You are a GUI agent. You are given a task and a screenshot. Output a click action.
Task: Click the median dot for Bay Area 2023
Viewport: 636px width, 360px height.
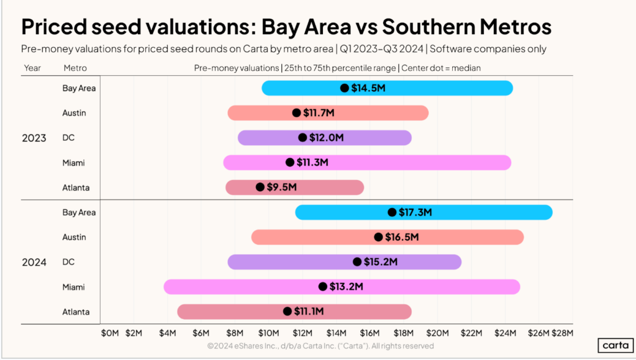coord(345,88)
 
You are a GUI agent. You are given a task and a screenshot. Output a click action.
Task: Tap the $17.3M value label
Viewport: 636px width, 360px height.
coord(415,212)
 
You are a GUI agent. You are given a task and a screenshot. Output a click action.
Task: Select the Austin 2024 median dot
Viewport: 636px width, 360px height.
coord(378,237)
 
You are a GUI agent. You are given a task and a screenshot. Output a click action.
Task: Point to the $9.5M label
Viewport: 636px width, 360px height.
coord(281,187)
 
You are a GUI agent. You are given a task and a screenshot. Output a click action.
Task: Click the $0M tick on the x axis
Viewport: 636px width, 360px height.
coord(109,333)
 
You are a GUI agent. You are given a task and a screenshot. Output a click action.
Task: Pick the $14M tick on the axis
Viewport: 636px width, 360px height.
coord(337,333)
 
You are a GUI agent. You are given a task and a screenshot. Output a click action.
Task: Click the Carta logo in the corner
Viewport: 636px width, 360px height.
coord(613,346)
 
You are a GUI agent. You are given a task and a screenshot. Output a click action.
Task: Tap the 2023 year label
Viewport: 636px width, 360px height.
coord(34,138)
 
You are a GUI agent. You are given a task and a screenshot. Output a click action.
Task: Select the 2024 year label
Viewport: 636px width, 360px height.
coord(34,262)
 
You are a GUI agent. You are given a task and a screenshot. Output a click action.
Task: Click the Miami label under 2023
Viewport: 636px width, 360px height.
coord(74,163)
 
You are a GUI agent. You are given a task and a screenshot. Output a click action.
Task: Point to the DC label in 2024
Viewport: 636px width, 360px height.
coord(68,262)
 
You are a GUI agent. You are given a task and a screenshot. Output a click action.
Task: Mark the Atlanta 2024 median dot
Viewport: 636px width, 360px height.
coord(287,312)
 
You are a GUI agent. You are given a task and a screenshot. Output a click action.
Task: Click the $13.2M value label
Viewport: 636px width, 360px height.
coord(346,287)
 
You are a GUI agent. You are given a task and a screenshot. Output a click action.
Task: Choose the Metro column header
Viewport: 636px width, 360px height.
coord(75,68)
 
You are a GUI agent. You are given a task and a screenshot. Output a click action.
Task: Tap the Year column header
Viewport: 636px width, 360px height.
coord(32,68)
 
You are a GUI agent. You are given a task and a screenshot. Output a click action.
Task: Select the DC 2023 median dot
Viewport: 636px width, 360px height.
coord(302,138)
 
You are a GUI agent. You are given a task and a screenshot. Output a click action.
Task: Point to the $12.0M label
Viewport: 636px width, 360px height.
coord(327,138)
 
